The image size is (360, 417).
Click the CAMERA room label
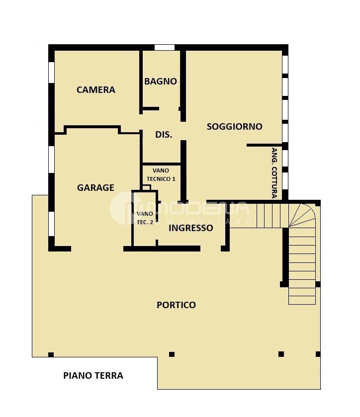pyautogui.click(x=96, y=89)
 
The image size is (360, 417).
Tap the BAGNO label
pyautogui.click(x=161, y=81)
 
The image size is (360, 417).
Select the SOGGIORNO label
pyautogui.click(x=234, y=126)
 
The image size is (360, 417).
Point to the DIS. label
pyautogui.click(x=164, y=135)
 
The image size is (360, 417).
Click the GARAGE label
pyautogui.click(x=95, y=187)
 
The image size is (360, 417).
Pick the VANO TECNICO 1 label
pyautogui.click(x=161, y=175)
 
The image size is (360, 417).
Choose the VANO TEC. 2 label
pyautogui.click(x=145, y=218)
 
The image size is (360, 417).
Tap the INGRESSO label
pyautogui.click(x=191, y=228)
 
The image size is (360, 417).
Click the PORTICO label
pyautogui.click(x=176, y=305)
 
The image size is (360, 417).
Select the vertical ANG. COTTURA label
pyautogui.click(x=274, y=173)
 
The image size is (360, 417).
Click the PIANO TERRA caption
pyautogui.click(x=93, y=376)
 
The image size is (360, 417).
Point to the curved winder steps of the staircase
pyautogui.click(x=302, y=215)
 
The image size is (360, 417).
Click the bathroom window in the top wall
pyautogui.click(x=165, y=48)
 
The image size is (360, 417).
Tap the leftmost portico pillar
pyautogui.click(x=51, y=354)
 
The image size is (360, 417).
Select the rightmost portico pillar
pyautogui.click(x=318, y=354)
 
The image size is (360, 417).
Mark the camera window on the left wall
pyautogui.click(x=51, y=73)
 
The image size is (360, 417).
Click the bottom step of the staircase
pyautogui.click(x=302, y=300)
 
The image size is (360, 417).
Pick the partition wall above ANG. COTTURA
pyautogui.click(x=265, y=145)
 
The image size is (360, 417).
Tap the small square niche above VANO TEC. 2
pyautogui.click(x=146, y=187)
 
